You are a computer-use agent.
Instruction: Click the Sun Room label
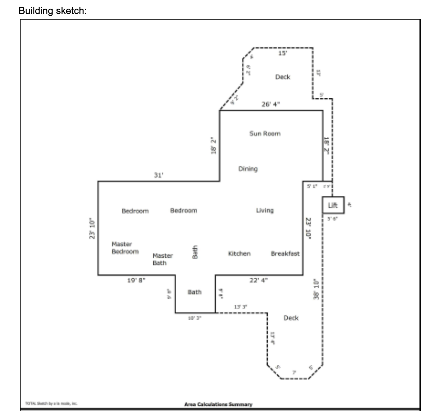(265, 134)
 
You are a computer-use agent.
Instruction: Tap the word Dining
(248, 169)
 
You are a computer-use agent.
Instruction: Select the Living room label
(265, 210)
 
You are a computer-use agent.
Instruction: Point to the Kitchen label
(239, 254)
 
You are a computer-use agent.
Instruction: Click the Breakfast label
(285, 254)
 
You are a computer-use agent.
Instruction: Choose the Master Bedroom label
(125, 248)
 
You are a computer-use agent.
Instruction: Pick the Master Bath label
(162, 259)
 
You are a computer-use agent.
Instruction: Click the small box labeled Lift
(333, 205)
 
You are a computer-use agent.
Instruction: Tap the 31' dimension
(158, 175)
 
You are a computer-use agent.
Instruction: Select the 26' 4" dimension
(271, 104)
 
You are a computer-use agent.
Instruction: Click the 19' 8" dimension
(136, 280)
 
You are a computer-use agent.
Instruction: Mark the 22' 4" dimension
(258, 280)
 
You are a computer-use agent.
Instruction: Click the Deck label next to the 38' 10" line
(291, 318)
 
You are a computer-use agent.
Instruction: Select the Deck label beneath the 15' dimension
(283, 77)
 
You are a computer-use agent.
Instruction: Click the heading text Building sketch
(53, 11)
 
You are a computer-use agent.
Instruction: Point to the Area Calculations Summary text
(218, 404)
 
